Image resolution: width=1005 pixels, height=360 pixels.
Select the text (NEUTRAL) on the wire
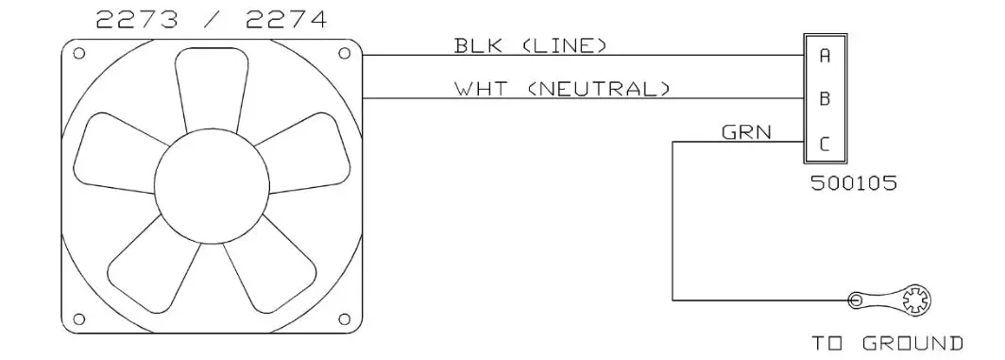click(x=599, y=90)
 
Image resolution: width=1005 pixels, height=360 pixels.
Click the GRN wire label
click(x=746, y=133)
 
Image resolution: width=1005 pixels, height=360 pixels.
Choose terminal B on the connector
click(x=825, y=98)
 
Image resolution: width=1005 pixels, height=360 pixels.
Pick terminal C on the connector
click(x=825, y=145)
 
